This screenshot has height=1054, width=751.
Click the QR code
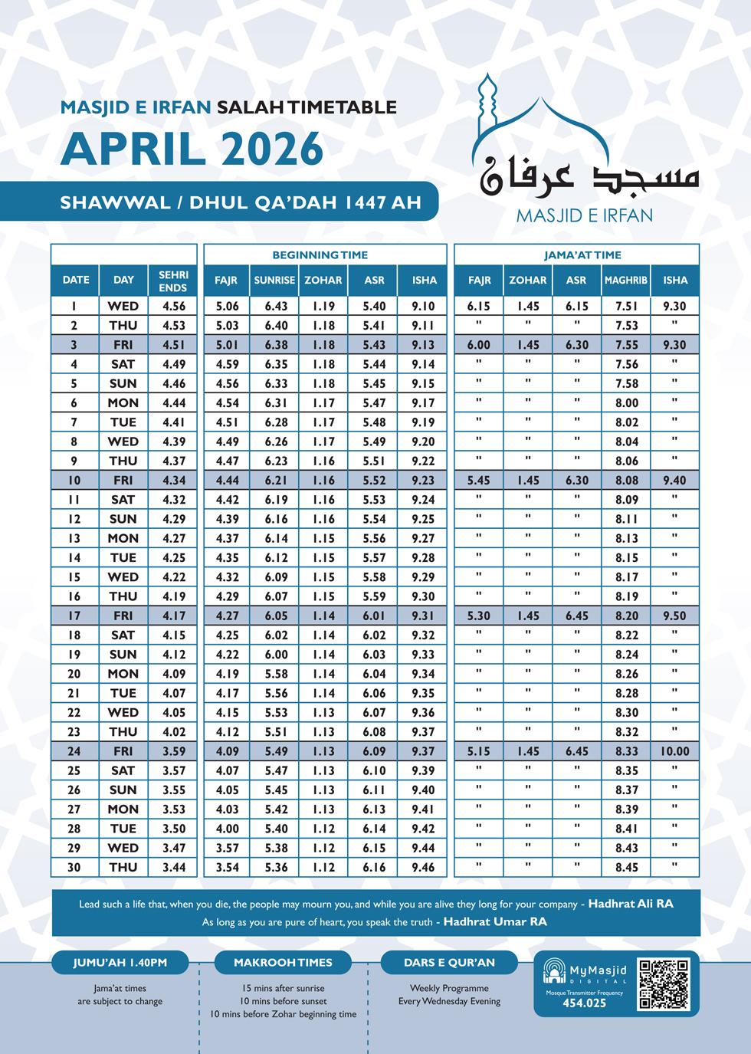664,984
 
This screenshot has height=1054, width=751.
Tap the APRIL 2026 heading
192,149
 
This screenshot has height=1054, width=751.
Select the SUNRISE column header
274,281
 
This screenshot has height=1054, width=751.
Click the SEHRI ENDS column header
173,281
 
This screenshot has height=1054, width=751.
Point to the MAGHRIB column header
626,281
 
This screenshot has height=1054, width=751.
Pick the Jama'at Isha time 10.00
674,751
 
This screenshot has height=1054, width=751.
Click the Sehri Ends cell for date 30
174,868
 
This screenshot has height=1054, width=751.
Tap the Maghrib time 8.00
626,403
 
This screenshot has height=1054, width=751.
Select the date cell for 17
74,616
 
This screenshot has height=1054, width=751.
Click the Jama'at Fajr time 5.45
479,481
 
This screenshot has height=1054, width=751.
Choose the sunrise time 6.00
276,655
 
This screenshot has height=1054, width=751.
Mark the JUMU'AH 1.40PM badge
120,963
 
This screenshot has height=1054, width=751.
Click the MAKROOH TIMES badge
283,963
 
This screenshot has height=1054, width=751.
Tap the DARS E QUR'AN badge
449,963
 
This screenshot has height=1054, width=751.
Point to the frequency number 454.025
584,1003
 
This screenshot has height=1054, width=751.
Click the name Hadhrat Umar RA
495,922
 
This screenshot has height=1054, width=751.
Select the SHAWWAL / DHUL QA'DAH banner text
241,202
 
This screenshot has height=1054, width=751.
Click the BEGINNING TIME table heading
320,255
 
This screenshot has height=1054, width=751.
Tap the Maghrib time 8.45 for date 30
626,868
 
